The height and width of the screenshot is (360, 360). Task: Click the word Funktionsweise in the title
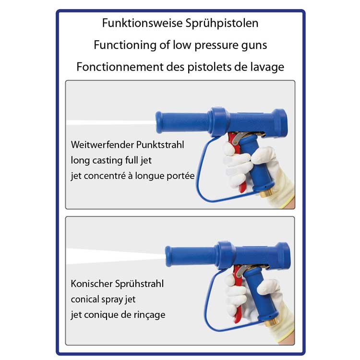pos(143,23)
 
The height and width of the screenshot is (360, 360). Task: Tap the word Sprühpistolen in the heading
pos(222,24)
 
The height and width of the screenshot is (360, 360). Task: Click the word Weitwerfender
pos(102,145)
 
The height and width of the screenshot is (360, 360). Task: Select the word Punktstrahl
pos(160,145)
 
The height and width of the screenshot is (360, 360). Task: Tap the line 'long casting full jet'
pos(111,161)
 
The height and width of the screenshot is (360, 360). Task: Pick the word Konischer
pos(92,284)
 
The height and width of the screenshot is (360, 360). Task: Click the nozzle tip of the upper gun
pos(158,122)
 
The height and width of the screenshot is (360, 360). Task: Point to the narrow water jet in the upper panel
pos(111,122)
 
